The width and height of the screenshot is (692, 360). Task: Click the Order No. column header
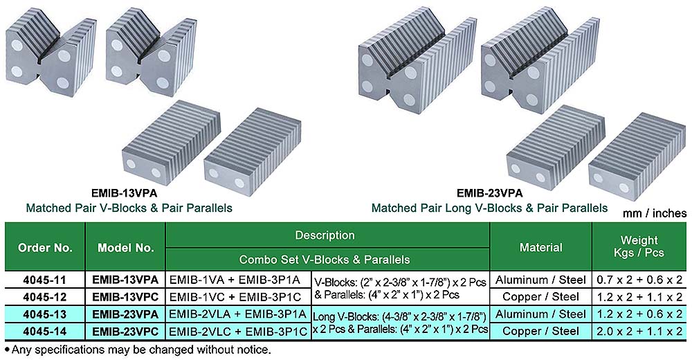(x=44, y=247)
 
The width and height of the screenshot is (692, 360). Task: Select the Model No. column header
(x=125, y=247)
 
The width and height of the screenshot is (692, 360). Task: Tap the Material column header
(x=540, y=247)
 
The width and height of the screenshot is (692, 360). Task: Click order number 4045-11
(x=44, y=280)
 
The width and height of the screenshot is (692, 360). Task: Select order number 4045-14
(x=44, y=332)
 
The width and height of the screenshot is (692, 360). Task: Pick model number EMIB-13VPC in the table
(x=125, y=297)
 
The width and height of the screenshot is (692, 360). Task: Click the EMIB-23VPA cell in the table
(x=125, y=314)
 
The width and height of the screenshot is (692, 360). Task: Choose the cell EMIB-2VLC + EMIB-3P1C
(x=239, y=332)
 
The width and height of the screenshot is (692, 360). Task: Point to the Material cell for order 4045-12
(x=540, y=297)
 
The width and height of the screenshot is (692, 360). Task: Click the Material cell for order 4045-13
(x=540, y=314)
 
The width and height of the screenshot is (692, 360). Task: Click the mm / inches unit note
(x=653, y=214)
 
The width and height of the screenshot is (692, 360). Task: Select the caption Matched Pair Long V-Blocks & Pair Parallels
(x=489, y=208)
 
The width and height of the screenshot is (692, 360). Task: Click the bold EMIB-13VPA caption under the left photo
(x=129, y=195)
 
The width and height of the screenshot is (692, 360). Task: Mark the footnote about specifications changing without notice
(x=138, y=350)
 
